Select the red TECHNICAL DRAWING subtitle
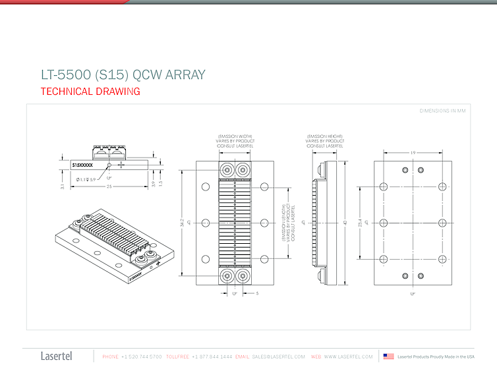[90, 92]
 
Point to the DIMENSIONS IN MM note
[442, 111]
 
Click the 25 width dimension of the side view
[109, 188]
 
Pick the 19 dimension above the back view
[412, 153]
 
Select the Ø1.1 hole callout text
[86, 179]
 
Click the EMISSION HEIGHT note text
[324, 140]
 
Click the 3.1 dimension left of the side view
[62, 186]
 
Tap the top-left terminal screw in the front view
[227, 169]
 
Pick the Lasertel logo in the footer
[57, 357]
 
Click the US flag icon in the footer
[389, 357]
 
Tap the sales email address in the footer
[279, 357]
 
